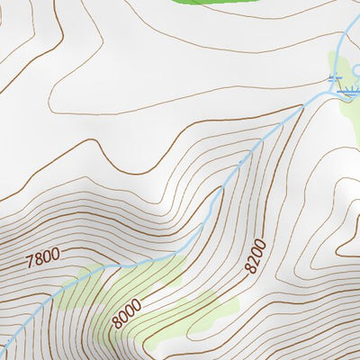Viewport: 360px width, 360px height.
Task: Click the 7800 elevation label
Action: (42, 258)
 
